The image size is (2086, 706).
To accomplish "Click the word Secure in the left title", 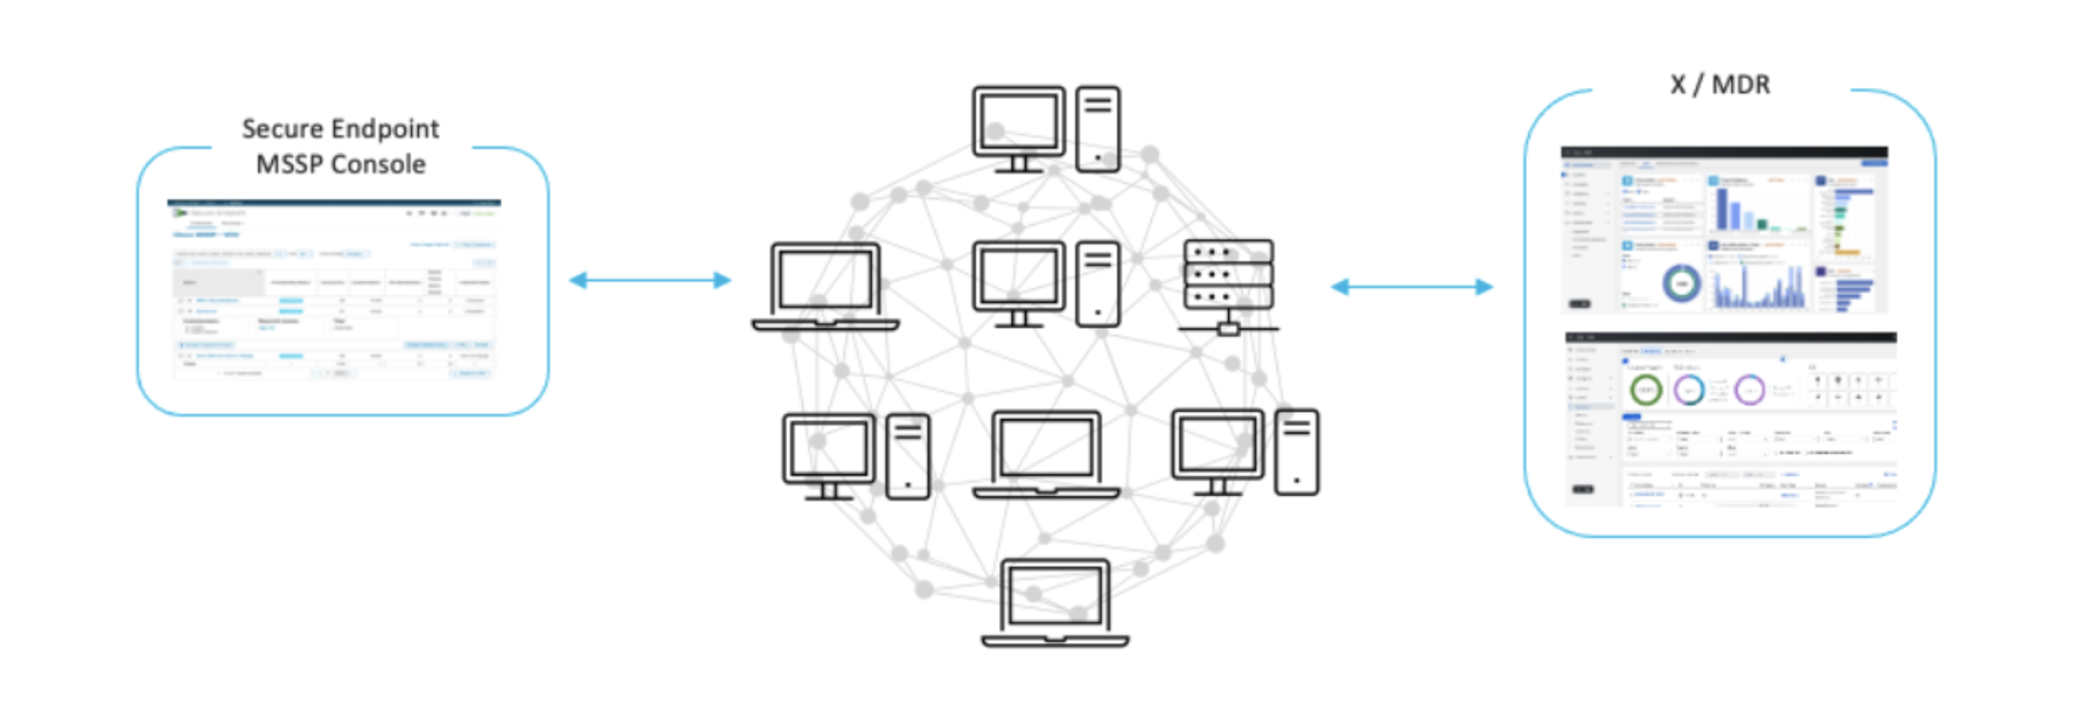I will coord(283,129).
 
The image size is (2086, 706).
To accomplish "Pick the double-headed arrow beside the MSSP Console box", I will coord(649,280).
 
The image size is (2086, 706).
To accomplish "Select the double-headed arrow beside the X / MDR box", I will coord(1411,287).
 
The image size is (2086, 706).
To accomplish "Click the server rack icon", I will coord(1228,283).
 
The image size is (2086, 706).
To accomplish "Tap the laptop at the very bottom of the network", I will coord(1054,603).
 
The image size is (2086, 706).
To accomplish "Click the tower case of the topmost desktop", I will coord(1098,129).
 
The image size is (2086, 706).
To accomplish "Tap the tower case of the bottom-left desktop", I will coord(908,456).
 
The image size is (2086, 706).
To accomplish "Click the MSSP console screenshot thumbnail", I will coord(333,289).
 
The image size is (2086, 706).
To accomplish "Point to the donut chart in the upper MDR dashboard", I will coord(1681,283).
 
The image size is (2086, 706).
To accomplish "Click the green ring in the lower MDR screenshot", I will coord(1645,390).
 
